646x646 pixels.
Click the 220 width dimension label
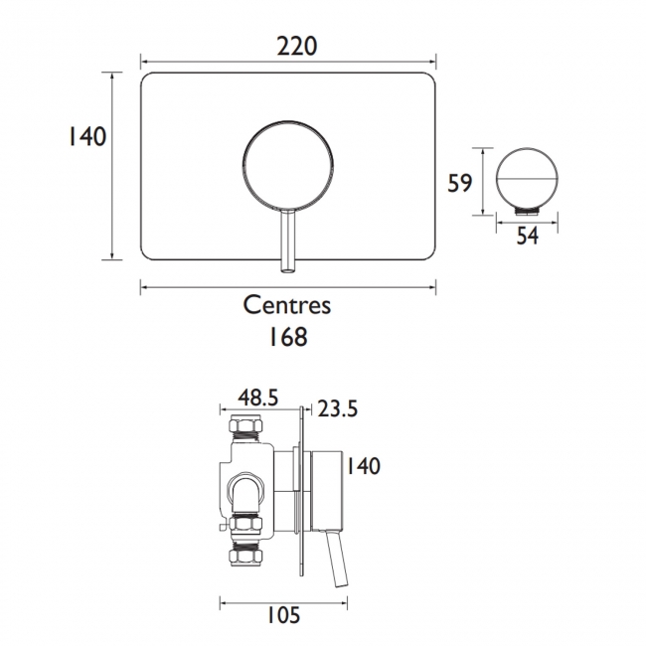coord(296,46)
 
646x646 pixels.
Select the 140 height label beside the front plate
coord(86,136)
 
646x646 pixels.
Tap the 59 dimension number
coord(459,183)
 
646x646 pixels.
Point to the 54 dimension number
coord(528,237)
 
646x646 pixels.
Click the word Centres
coord(287,305)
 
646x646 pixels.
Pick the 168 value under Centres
coord(288,337)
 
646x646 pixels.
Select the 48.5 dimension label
coord(258,398)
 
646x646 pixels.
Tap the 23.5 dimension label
coord(338,409)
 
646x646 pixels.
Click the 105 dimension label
coord(283,615)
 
